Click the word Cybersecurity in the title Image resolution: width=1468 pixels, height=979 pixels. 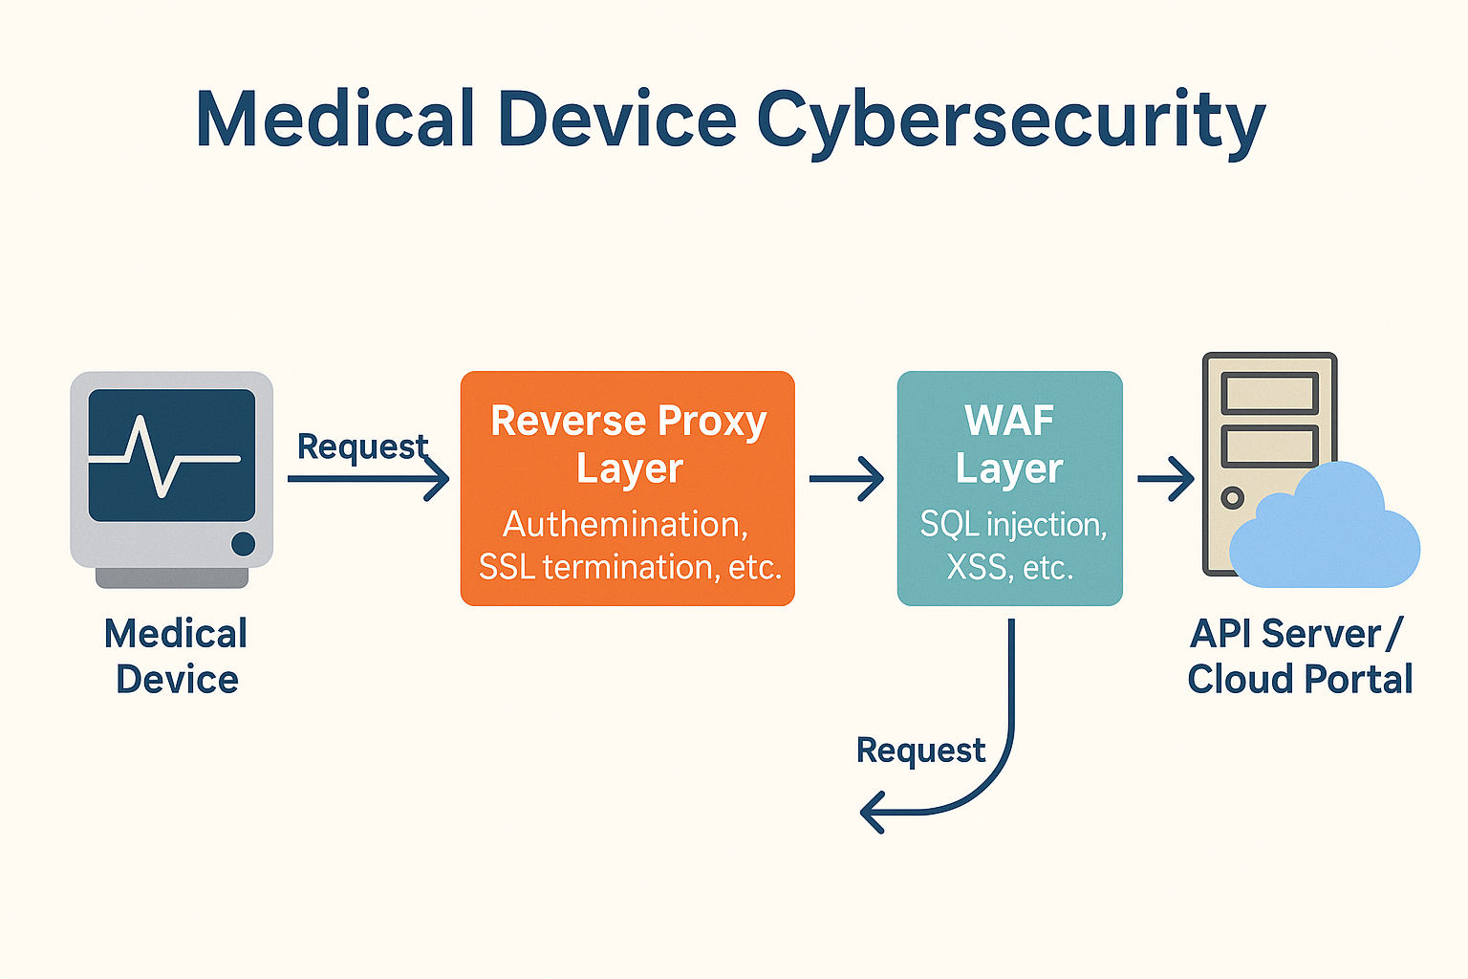[x=1010, y=122]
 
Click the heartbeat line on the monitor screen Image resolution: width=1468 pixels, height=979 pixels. [x=164, y=456]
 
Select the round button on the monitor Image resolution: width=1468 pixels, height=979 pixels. [x=243, y=544]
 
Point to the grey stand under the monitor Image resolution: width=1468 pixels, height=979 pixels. [x=172, y=577]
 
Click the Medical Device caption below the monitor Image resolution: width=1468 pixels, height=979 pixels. [x=176, y=656]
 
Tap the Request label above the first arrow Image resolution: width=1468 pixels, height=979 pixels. [x=362, y=447]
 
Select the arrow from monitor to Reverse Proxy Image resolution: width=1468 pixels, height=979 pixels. [x=368, y=479]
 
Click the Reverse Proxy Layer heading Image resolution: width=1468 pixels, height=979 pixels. [x=629, y=445]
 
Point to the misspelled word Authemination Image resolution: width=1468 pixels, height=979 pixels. [x=625, y=525]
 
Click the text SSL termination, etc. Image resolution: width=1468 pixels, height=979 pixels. [x=630, y=567]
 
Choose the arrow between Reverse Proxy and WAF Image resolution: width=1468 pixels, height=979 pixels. [x=847, y=479]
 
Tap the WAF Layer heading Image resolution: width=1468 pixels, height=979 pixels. [x=1009, y=445]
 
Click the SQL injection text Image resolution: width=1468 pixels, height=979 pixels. [x=1013, y=525]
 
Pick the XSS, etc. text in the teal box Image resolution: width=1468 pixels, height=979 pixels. [x=1010, y=567]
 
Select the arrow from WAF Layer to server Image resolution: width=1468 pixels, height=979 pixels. [x=1166, y=479]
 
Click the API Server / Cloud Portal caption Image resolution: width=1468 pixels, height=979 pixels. [x=1300, y=656]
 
